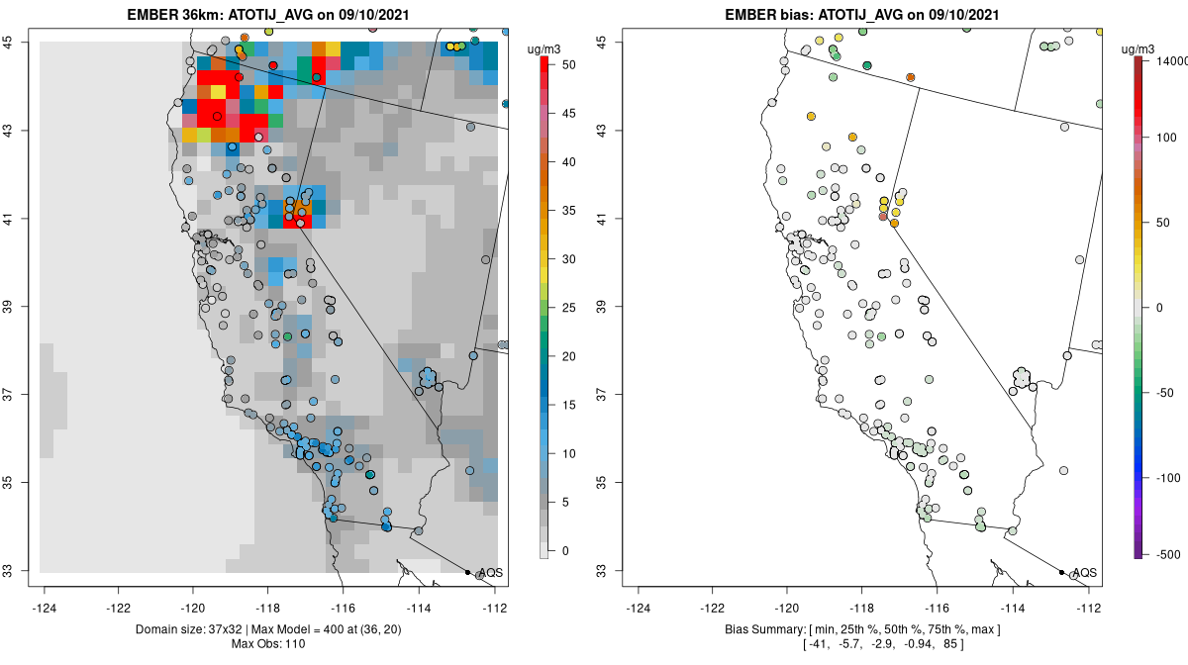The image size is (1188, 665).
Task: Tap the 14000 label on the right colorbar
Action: click(x=1166, y=61)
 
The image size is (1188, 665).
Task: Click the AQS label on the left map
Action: click(x=491, y=573)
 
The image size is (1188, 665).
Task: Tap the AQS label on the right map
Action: click(x=1085, y=573)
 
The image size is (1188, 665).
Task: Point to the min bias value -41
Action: click(x=820, y=645)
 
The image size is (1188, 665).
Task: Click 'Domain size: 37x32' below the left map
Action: click(x=194, y=630)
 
